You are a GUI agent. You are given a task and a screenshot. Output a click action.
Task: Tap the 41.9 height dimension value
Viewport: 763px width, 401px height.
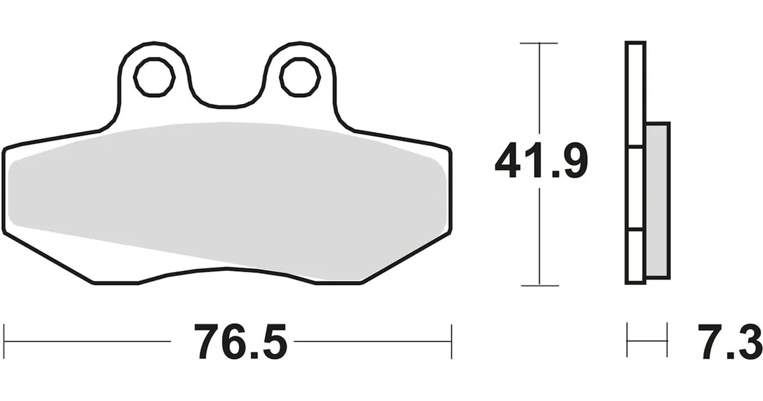542,161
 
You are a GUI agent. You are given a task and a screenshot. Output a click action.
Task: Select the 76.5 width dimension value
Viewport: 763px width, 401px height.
240,341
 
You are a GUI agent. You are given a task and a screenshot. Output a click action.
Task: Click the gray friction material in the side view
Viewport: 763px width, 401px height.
658,200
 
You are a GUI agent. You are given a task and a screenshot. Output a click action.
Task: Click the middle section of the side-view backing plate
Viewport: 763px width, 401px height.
635,188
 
